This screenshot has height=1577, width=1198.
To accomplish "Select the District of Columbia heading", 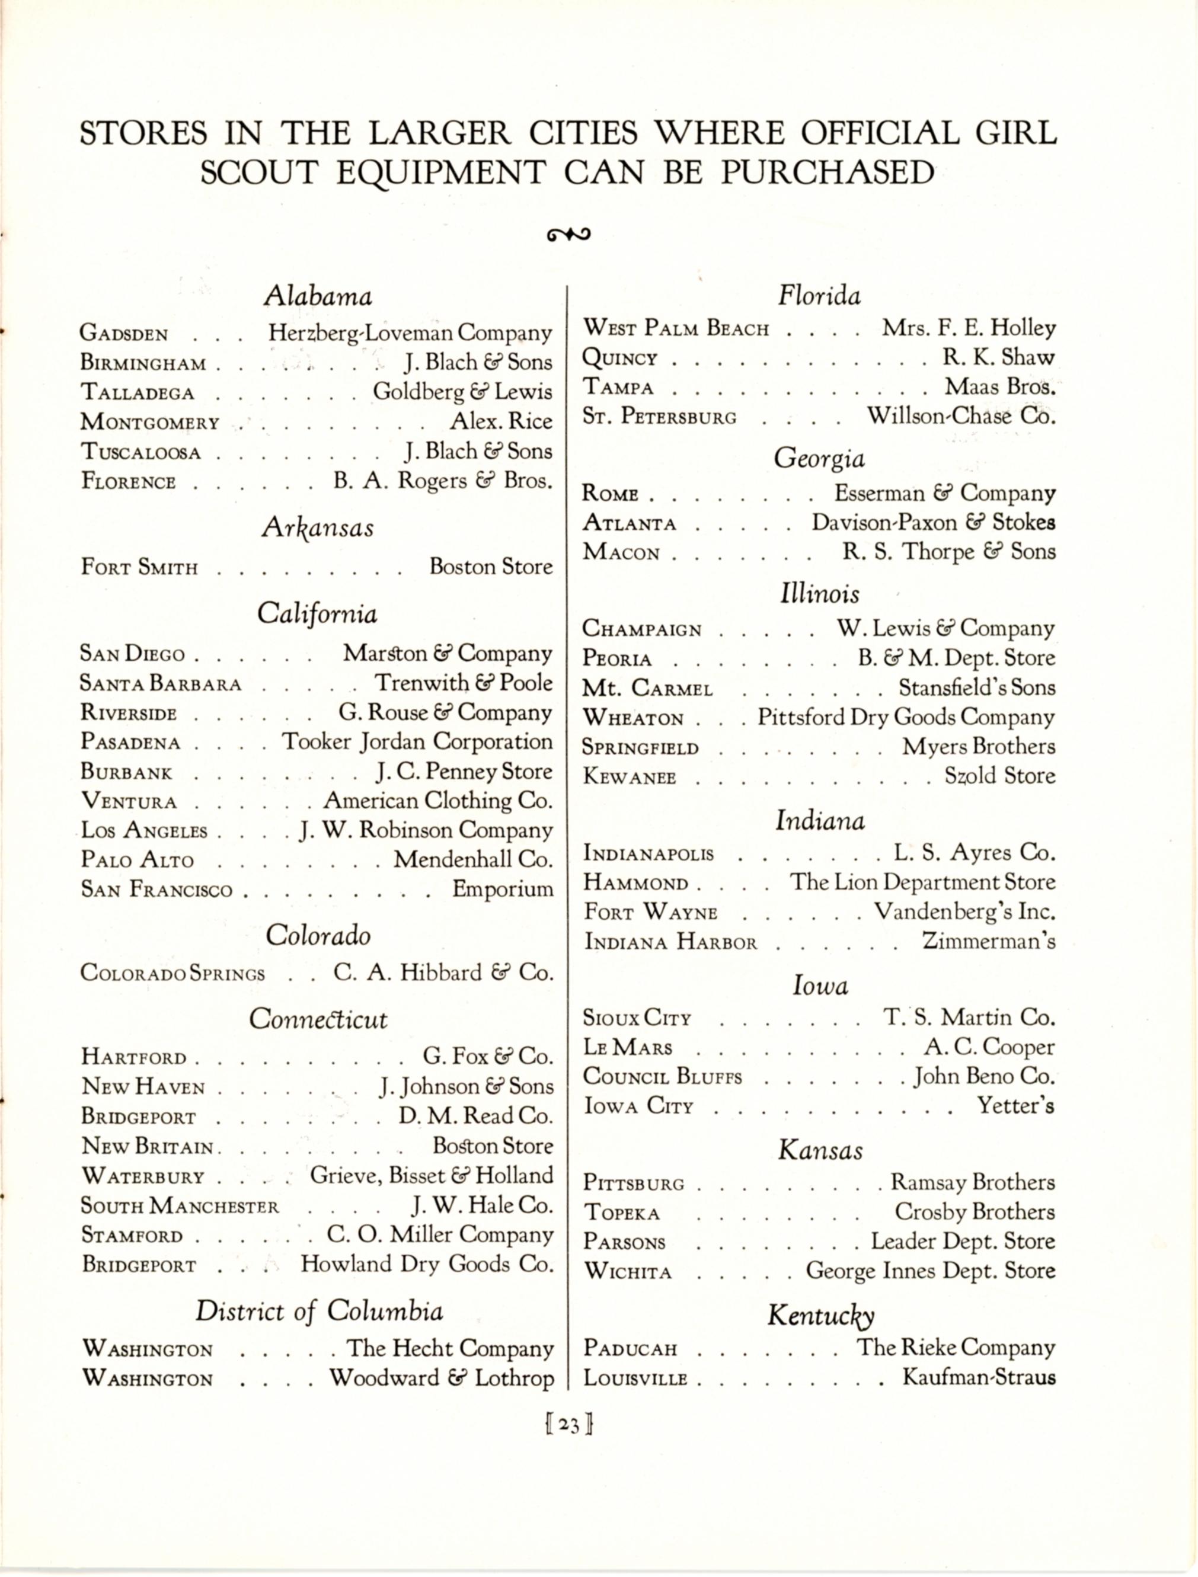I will click(319, 1311).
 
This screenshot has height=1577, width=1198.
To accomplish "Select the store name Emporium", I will click(503, 890).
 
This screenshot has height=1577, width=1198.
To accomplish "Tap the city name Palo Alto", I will click(137, 861).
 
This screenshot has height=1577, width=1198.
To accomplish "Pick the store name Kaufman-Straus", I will click(978, 1377).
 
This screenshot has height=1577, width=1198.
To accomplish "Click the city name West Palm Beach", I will click(675, 329).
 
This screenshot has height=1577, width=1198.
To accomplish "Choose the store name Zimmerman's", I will click(988, 942).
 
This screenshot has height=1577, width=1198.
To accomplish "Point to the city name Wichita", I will click(628, 1272).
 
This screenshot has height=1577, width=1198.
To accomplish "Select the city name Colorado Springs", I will click(172, 973).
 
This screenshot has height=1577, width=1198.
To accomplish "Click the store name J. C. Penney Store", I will click(464, 772).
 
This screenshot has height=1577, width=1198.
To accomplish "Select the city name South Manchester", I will click(180, 1205).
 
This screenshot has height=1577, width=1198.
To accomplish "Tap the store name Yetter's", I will click(1015, 1106).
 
